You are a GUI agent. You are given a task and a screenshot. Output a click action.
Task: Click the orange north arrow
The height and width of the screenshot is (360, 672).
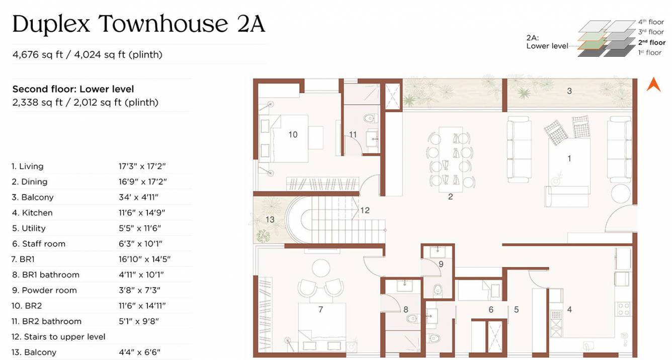(653, 84)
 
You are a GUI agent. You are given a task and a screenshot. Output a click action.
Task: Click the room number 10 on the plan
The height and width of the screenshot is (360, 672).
(293, 134)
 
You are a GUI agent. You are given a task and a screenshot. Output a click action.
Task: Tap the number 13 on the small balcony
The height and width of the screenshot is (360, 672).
(270, 220)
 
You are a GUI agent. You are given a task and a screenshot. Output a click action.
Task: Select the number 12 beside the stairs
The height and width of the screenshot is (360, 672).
(365, 210)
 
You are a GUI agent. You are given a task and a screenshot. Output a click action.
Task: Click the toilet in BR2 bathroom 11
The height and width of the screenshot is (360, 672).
(370, 119)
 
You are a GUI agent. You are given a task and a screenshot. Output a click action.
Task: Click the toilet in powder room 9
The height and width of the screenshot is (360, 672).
(438, 290)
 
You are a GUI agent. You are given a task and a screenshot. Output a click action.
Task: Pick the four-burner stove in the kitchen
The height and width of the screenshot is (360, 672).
(624, 307)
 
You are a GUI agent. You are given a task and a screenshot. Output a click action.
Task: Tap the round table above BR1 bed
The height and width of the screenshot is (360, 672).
(320, 266)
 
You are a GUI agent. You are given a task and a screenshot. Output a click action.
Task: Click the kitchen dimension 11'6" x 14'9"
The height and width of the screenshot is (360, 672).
(142, 213)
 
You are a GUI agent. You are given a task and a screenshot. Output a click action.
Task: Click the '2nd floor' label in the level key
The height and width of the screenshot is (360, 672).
(651, 42)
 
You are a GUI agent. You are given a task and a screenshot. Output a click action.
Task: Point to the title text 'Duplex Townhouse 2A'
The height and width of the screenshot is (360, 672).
(138, 24)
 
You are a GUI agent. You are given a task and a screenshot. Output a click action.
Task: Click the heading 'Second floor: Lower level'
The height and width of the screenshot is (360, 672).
(73, 89)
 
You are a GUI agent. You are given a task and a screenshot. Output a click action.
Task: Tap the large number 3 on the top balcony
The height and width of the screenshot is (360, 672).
(569, 91)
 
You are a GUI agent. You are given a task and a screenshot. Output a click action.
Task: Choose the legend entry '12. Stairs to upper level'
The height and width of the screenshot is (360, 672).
(58, 337)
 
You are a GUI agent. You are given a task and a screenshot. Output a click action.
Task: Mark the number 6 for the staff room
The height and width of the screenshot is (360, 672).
(491, 310)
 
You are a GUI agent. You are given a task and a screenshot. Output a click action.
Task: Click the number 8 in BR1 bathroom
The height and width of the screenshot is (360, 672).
(405, 310)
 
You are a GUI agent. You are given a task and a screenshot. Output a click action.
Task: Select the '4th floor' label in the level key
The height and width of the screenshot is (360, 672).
(651, 22)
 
